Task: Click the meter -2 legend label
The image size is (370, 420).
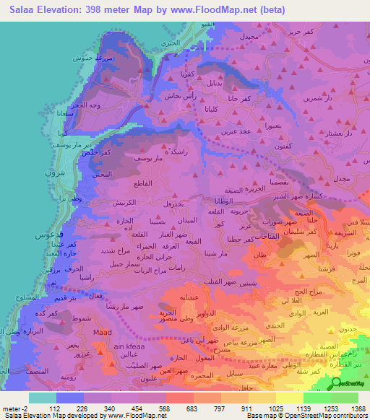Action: (15, 408)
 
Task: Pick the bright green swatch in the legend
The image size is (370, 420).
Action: (317, 397)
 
